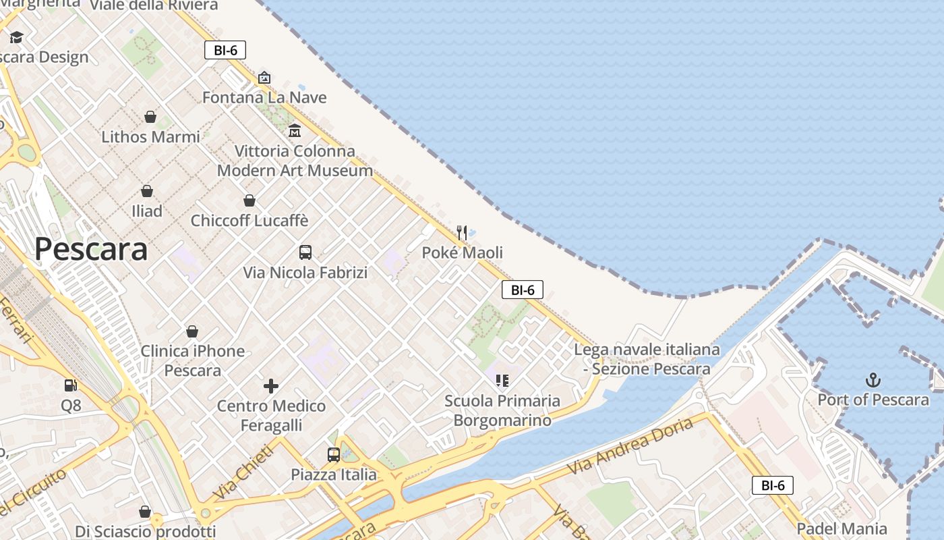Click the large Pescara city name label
coord(91,249)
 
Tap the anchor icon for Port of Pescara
coord(873,380)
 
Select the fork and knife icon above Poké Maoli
coord(462,233)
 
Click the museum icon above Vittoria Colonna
coord(295,130)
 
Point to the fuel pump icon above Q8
coord(70,385)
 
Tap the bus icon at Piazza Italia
coord(334,454)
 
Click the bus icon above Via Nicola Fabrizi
coord(305,252)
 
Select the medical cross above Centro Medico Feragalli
coord(271,386)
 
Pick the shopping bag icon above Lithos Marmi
coord(150,117)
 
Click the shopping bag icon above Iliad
coord(147,191)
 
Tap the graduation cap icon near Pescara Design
coord(16,37)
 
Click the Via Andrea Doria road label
coord(630,446)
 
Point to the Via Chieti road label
coord(243,472)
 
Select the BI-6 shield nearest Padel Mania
coord(773,485)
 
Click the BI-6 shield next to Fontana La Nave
coord(225,50)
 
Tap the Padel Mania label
coord(842,529)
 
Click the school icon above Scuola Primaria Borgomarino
coord(502,381)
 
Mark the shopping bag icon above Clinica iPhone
coord(192,331)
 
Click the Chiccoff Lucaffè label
coord(249,221)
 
